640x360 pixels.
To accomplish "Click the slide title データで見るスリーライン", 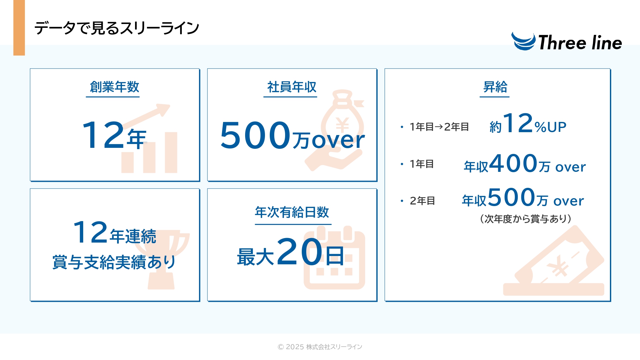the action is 117,28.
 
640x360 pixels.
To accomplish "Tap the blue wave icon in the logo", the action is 523,42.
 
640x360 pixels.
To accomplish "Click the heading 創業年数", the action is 115,87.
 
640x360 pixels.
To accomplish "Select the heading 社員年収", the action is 292,87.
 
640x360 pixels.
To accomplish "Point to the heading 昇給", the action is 495,87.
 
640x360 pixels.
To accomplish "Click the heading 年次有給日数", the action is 292,212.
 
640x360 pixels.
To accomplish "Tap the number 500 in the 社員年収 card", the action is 255,135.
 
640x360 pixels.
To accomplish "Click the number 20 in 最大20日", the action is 300,252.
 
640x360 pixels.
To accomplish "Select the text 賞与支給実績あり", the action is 114,262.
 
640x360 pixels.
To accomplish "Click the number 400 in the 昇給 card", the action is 513,163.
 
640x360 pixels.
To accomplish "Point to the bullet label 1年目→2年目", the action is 439,127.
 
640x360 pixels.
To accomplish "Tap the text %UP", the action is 550,127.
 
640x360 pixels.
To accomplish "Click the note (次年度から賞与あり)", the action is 526,219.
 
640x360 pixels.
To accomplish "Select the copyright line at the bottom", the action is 320,347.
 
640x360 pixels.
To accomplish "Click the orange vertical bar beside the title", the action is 19,28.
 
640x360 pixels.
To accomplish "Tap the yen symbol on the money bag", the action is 342,125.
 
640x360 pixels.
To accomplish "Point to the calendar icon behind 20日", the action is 334,258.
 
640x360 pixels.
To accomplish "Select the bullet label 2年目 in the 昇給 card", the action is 422,201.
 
